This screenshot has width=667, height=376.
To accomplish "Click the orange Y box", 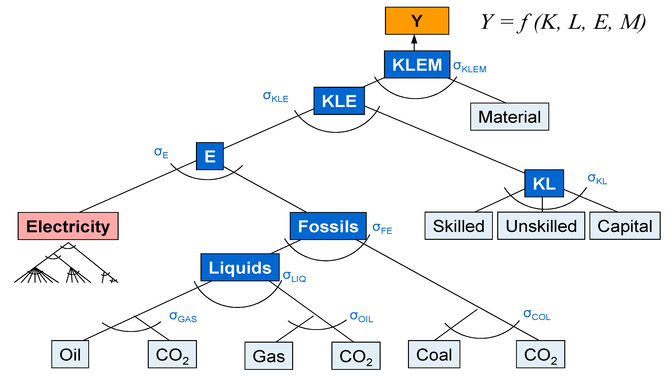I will pyautogui.click(x=417, y=21).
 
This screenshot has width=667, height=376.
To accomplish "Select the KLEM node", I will pyautogui.click(x=417, y=65).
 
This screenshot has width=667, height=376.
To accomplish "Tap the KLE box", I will pyautogui.click(x=339, y=101).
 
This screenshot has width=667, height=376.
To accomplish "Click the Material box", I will pyautogui.click(x=509, y=117).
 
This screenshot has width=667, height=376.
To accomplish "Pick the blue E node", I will pyautogui.click(x=210, y=156).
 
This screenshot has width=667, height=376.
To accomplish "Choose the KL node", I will pyautogui.click(x=544, y=183).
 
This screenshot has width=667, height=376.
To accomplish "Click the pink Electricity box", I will pyautogui.click(x=68, y=226).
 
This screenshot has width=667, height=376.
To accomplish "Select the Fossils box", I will pyautogui.click(x=328, y=226).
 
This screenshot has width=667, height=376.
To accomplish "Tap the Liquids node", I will pyautogui.click(x=240, y=267).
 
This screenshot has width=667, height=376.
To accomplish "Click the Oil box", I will pyautogui.click(x=70, y=354).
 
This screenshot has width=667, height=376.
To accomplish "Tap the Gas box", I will pyautogui.click(x=269, y=356).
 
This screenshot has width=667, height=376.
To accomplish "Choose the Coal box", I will pyautogui.click(x=434, y=354).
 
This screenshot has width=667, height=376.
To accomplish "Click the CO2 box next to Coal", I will pyautogui.click(x=540, y=354).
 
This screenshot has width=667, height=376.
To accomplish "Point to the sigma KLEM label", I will pyautogui.click(x=469, y=67).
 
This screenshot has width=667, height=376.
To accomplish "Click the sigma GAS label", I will pyautogui.click(x=183, y=317).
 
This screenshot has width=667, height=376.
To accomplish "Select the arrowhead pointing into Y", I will pyautogui.click(x=414, y=39).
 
